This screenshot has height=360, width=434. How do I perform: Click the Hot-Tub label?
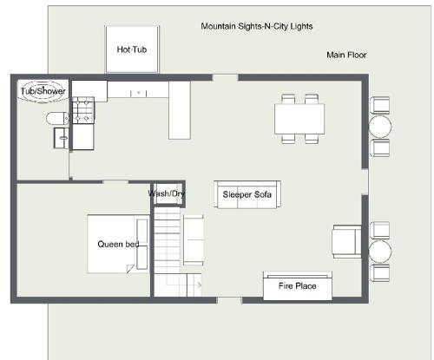[x=132, y=49]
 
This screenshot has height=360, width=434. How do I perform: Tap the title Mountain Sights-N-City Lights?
[x=257, y=26]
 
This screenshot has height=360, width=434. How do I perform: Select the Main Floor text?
[x=346, y=55]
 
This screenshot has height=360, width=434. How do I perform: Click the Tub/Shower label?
[x=43, y=91]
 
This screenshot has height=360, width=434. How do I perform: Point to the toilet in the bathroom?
[x=57, y=119]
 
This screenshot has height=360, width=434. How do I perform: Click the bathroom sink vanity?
[x=61, y=138]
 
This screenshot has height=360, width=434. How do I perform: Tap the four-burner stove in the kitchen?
[x=83, y=110]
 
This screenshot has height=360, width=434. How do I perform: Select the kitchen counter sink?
[x=138, y=93]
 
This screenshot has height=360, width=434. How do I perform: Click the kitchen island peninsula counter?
[x=180, y=110]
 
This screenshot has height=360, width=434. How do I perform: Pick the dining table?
[x=299, y=119]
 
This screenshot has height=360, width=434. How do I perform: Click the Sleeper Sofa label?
[x=247, y=194]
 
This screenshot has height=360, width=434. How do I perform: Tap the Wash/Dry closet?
[x=169, y=193]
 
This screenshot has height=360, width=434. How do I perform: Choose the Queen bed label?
[x=118, y=244]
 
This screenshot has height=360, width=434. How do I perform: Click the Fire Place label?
[x=297, y=286]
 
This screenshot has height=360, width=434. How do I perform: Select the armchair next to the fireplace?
[x=347, y=242]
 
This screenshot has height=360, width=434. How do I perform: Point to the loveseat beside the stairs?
[x=194, y=240]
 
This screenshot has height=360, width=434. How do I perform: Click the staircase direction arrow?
[x=199, y=285]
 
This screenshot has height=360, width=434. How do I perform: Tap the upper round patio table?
[x=379, y=127]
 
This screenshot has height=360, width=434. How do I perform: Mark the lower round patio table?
[x=379, y=252]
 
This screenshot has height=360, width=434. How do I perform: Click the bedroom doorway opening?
[x=115, y=182]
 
